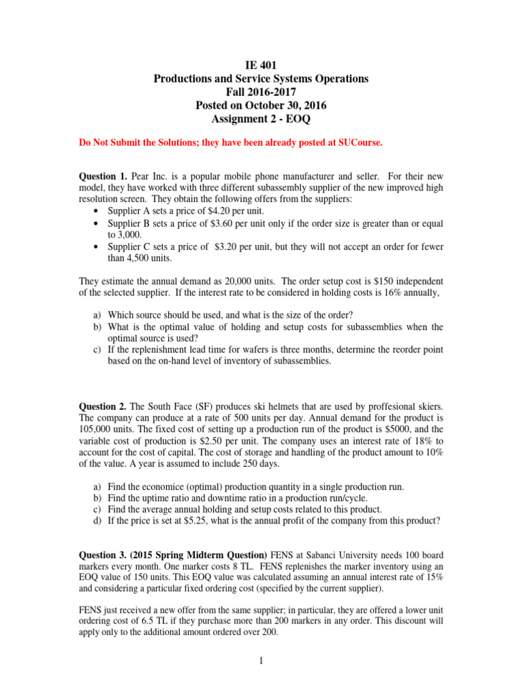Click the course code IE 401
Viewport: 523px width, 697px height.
[x=261, y=65]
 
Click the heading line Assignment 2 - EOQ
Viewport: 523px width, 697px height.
[x=261, y=119]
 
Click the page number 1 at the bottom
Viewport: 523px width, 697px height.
[x=261, y=674]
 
